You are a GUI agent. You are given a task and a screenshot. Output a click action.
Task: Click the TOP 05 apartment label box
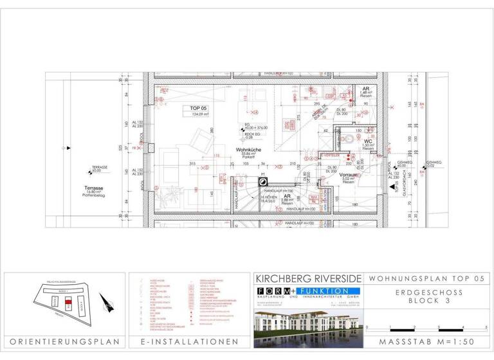199,111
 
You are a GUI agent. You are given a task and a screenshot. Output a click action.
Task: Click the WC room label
367,143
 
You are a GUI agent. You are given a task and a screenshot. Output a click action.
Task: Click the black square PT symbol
263,183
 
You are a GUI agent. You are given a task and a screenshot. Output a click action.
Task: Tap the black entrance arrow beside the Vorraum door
394,187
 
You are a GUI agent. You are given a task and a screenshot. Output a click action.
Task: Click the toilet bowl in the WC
351,137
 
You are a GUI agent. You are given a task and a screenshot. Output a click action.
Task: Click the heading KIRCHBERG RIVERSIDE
307,280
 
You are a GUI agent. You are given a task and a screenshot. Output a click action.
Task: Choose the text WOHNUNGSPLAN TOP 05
427,280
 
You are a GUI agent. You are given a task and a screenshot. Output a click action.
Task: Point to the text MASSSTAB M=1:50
427,342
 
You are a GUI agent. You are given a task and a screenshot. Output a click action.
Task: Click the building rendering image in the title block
307,321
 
